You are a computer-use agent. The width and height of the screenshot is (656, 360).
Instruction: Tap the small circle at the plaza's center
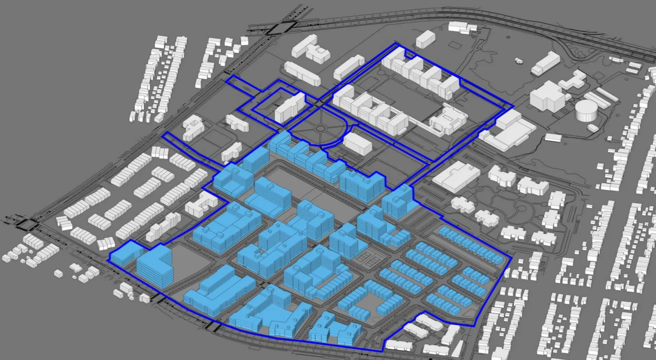pos(321,129)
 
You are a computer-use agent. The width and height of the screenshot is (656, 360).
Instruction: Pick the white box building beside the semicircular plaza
pos(358,144)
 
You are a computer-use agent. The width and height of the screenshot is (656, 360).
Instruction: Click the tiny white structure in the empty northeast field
pos(519,61)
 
